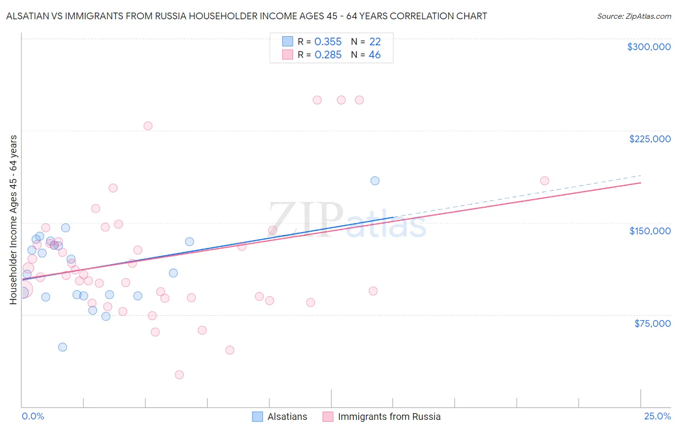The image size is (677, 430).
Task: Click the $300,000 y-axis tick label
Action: [x=649, y=47]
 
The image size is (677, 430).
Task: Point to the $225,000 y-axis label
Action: [x=650, y=139]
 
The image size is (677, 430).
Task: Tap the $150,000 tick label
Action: [x=650, y=231]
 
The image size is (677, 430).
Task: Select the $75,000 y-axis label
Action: [x=652, y=323]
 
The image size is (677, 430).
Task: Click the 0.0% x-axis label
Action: [x=33, y=416]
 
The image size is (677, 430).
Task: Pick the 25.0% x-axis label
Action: [x=657, y=416]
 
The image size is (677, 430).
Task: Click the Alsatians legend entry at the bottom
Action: [x=280, y=417]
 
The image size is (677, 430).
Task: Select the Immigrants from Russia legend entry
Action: [x=382, y=417]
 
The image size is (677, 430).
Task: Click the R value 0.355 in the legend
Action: [x=328, y=42]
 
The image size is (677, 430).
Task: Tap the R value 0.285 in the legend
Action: [x=328, y=55]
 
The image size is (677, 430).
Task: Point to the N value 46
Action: [x=375, y=55]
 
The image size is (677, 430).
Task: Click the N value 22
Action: [x=375, y=42]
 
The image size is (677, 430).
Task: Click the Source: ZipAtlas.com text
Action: [x=634, y=16]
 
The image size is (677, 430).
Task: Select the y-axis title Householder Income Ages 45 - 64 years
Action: [x=13, y=220]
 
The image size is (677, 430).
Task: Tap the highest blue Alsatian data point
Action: [x=375, y=181]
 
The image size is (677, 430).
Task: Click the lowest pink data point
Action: [x=179, y=375]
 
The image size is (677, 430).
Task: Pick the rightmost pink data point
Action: [x=545, y=181]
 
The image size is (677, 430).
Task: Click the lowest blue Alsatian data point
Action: [x=62, y=347]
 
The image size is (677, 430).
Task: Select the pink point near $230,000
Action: [x=148, y=126]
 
